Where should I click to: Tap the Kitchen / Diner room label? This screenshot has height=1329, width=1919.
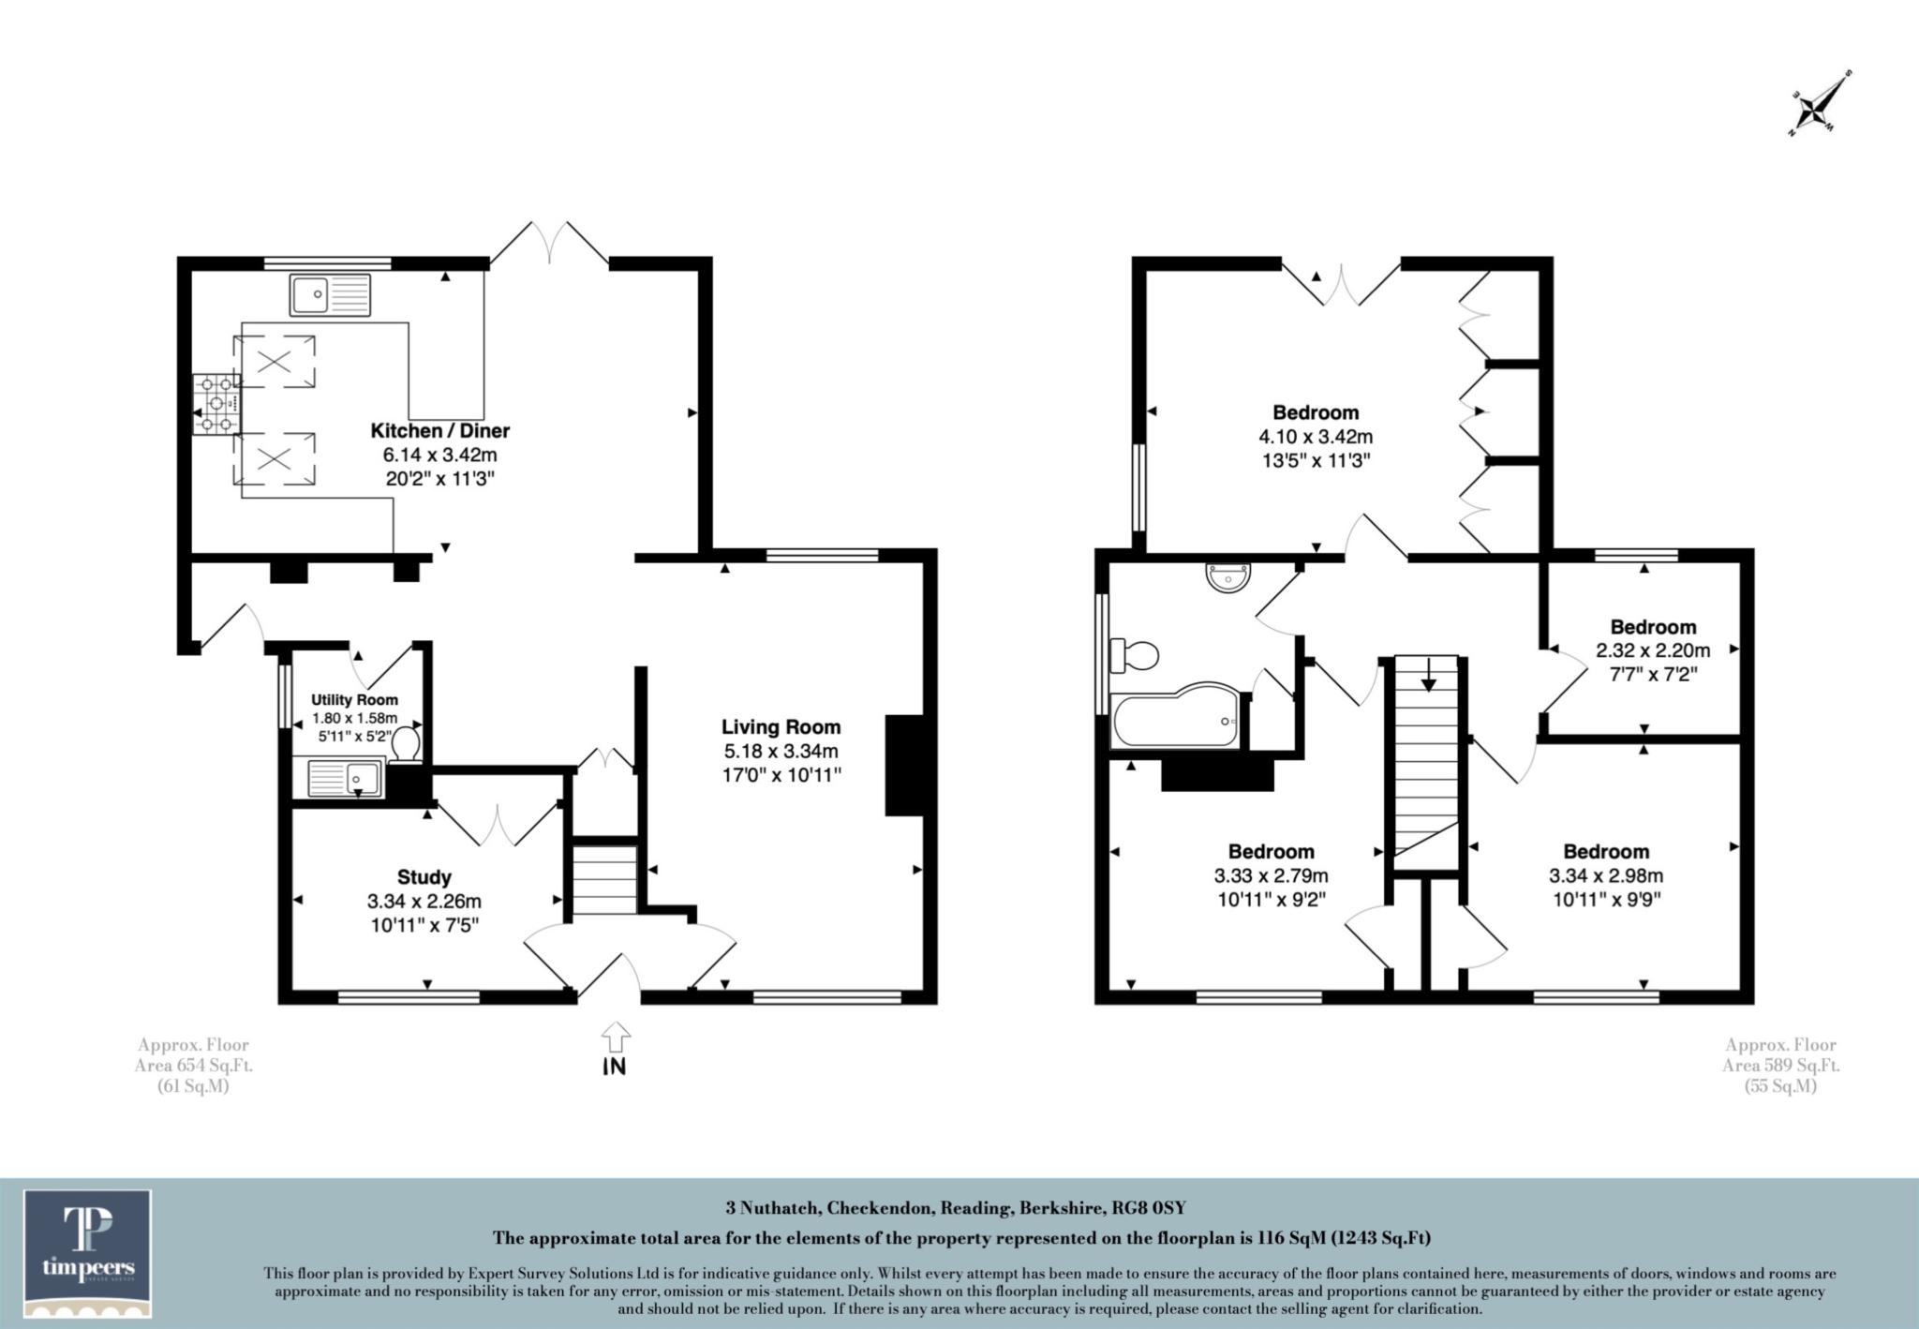(x=440, y=431)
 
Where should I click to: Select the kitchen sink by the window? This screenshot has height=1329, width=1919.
(x=330, y=294)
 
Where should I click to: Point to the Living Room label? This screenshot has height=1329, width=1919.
(x=781, y=726)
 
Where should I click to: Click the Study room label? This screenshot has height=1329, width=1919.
(x=424, y=877)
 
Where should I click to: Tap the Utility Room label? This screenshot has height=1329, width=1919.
(x=354, y=700)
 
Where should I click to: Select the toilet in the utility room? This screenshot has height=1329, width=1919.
(x=406, y=746)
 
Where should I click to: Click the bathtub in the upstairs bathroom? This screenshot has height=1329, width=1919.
(x=1177, y=722)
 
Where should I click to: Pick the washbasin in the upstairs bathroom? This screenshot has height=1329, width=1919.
(x=1228, y=577)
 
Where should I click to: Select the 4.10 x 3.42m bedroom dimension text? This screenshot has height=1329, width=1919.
(x=1316, y=437)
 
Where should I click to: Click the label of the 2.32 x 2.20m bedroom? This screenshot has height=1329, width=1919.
(x=1653, y=627)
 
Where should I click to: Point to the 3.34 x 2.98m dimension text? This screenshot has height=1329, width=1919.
(x=1606, y=876)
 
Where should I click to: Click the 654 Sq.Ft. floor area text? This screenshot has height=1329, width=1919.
(x=193, y=1066)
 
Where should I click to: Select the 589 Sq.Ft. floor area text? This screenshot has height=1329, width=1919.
(x=1780, y=1066)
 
